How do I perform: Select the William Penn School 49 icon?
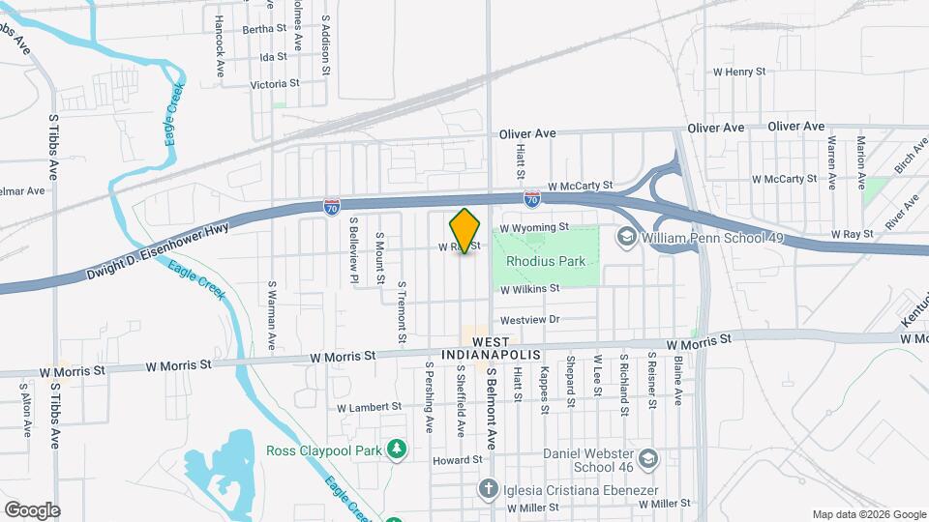click(x=626, y=235)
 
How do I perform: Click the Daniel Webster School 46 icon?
click(x=648, y=456)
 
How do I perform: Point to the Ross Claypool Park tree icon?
click(x=396, y=449)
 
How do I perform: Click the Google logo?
click(x=32, y=510)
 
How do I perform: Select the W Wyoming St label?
click(x=532, y=227)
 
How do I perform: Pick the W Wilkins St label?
click(x=529, y=288)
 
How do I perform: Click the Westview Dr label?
click(x=529, y=319)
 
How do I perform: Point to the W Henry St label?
click(x=738, y=72)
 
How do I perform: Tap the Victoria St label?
click(x=269, y=85)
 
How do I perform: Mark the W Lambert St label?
click(x=369, y=407)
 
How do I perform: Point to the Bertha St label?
click(x=265, y=29)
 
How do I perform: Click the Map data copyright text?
click(x=868, y=514)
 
